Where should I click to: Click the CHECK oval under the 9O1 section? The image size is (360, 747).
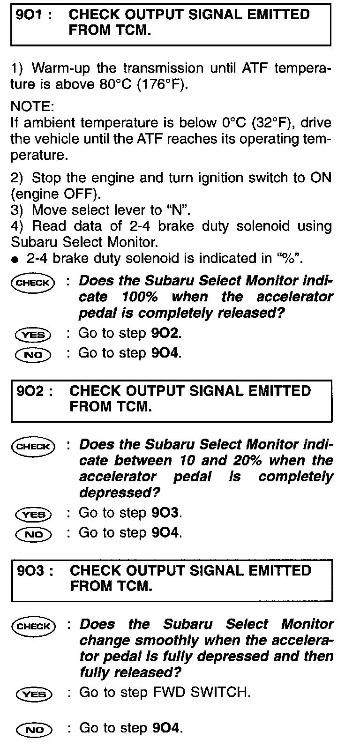click(33, 283)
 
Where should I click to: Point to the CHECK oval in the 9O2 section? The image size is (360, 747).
click(33, 446)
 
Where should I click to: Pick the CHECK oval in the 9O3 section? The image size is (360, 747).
click(33, 626)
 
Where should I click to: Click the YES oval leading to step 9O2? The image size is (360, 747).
click(33, 335)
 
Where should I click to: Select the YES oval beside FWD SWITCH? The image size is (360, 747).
click(34, 694)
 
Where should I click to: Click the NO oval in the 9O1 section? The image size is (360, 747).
click(33, 355)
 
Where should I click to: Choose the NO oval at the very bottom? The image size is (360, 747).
click(34, 730)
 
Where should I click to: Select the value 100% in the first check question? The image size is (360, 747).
click(139, 297)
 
